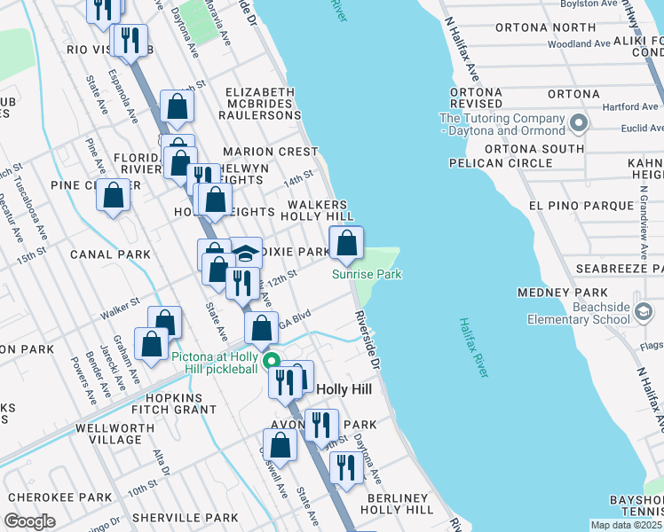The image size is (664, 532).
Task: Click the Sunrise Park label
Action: [x=367, y=275]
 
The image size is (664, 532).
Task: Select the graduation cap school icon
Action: [x=245, y=253]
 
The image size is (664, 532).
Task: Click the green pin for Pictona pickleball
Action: [x=274, y=360]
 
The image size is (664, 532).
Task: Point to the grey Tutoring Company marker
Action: [x=581, y=122]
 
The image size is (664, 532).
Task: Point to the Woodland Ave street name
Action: [x=578, y=43]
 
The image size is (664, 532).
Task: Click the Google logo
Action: [x=30, y=521]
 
